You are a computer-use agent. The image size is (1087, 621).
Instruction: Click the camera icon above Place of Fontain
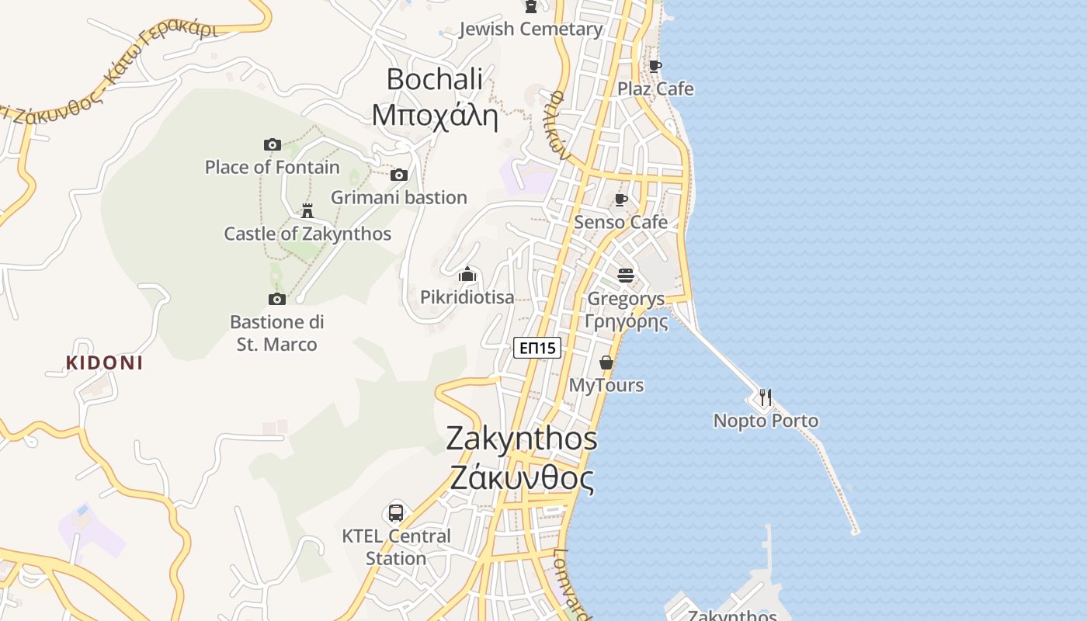pos(272,144)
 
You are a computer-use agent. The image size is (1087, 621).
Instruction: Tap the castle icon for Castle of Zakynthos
pos(307,210)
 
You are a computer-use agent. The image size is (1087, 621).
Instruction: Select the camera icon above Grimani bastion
pos(399,175)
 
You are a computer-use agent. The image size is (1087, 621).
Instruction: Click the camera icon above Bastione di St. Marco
pos(277,299)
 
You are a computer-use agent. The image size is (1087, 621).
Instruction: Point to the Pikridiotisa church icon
pos(467,274)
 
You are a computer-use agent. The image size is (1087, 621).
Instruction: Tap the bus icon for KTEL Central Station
pos(396,513)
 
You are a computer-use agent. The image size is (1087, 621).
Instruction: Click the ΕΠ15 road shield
pos(537,348)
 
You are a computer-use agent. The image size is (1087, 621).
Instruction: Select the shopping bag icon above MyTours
pos(606,363)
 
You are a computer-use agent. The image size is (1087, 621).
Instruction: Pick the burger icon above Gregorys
pos(626,275)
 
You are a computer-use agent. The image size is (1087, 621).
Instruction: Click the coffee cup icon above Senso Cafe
pos(621,199)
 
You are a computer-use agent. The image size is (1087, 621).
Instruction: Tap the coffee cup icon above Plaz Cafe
pos(655,66)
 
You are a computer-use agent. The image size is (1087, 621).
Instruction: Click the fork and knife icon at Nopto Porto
pos(766,397)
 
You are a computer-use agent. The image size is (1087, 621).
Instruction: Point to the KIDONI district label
pos(104,363)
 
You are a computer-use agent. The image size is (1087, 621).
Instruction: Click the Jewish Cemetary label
pos(531,29)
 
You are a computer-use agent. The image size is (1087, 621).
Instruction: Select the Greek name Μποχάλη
pos(434,116)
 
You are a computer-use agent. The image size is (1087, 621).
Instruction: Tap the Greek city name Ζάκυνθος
pos(522,478)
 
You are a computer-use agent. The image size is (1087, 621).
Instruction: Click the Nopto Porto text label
pos(766,422)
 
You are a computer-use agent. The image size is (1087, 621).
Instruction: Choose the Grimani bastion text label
pos(399,198)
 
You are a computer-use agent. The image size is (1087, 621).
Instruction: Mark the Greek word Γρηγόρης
pos(626,321)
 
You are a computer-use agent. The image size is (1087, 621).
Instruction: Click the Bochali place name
pos(434,79)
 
